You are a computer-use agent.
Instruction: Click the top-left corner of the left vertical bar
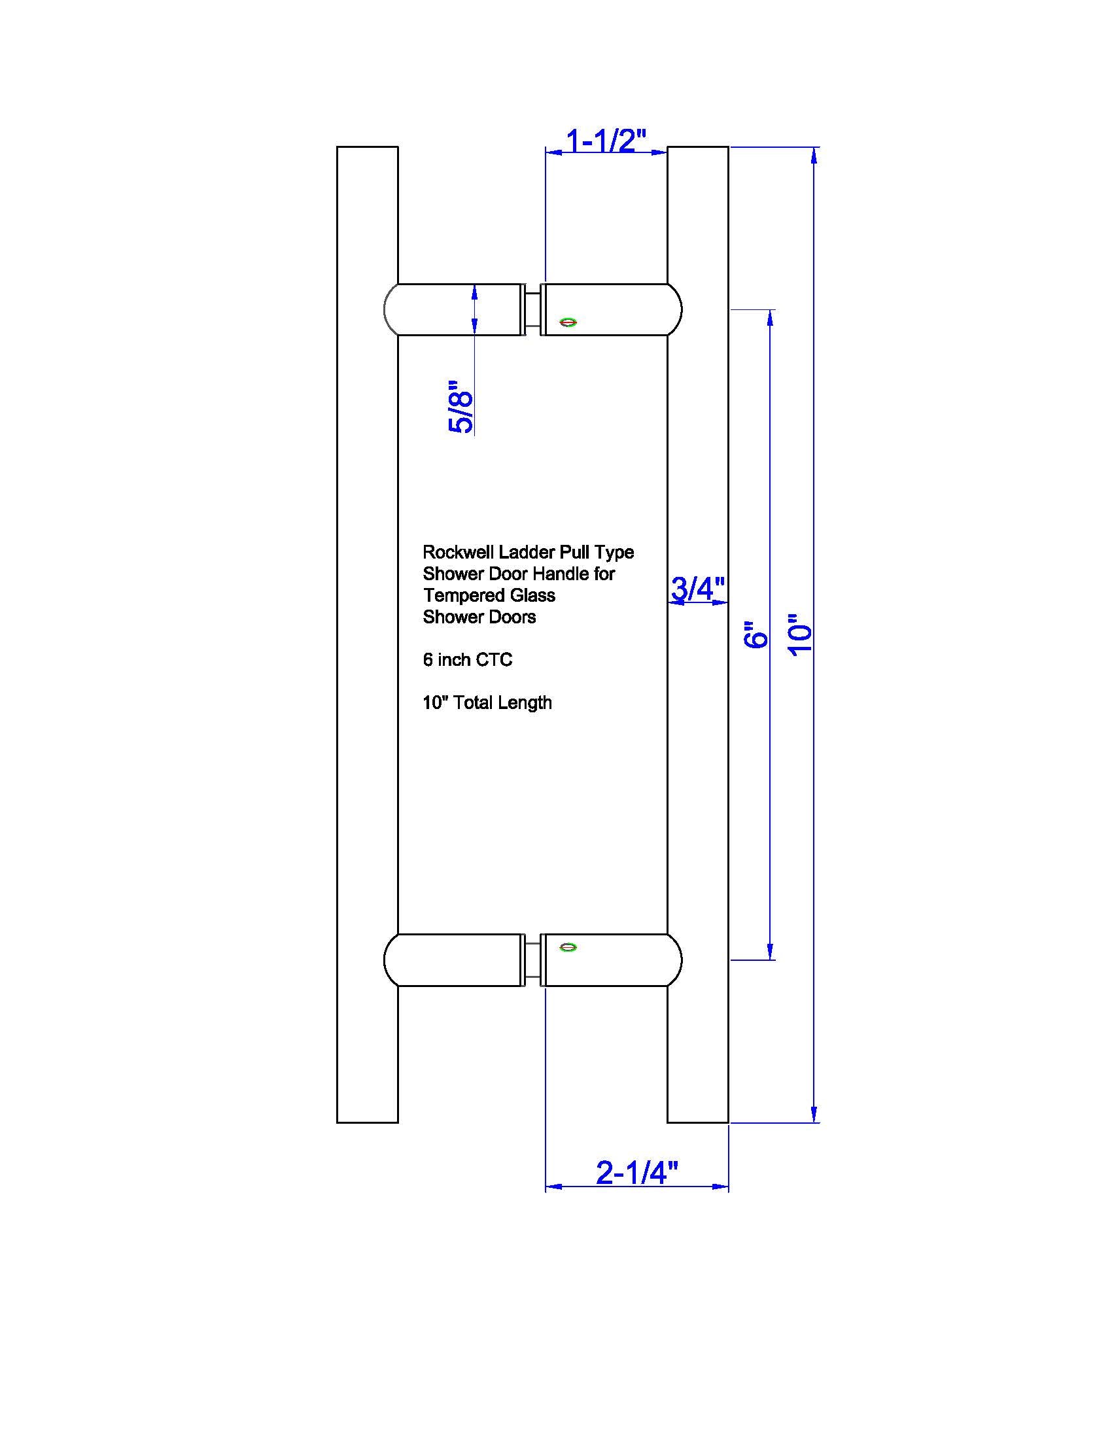(338, 147)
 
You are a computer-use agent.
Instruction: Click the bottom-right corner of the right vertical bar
(728, 1122)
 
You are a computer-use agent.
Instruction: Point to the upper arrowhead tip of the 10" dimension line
(815, 148)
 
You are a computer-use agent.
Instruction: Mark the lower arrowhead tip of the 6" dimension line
(770, 960)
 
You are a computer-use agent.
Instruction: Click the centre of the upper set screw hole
(568, 323)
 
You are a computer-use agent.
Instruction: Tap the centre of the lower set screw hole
(568, 948)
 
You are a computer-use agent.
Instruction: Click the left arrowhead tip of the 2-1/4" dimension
(546, 1187)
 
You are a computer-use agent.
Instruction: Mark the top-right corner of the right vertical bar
(728, 147)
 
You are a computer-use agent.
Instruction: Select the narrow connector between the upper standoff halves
(533, 309)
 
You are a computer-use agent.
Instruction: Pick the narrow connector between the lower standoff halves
(533, 960)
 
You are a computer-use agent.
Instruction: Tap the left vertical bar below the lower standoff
(368, 1054)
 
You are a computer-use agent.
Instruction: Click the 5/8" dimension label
(460, 407)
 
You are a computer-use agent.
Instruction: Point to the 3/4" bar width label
(699, 588)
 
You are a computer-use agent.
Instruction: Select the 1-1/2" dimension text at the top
(607, 141)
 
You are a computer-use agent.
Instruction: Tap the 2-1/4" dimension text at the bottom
(637, 1172)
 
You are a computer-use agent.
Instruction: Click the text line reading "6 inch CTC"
(468, 659)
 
